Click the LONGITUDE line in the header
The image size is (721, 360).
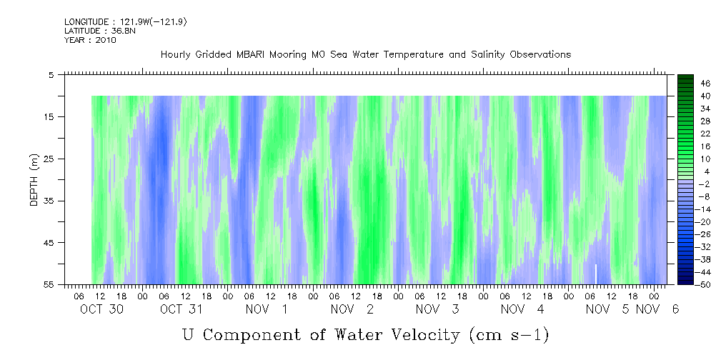(x=116, y=22)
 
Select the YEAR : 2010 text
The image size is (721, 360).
(x=90, y=40)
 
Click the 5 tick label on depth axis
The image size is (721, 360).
(x=51, y=75)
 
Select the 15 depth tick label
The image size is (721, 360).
(x=49, y=116)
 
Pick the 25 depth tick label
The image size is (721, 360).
(x=49, y=159)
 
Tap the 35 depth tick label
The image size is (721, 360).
(x=49, y=201)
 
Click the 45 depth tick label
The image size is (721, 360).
(x=49, y=243)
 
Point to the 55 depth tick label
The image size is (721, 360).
(x=49, y=284)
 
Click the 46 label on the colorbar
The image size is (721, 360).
(x=686, y=84)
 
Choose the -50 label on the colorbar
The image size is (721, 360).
(x=685, y=284)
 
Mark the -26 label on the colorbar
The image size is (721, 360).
(x=685, y=234)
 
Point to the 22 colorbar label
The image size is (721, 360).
(x=686, y=134)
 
